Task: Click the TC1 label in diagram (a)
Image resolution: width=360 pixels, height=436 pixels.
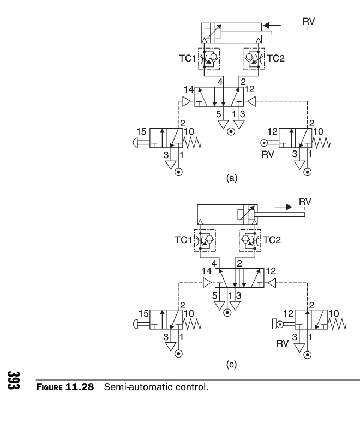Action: click(x=187, y=58)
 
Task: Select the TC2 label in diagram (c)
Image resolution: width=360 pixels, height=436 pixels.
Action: click(x=272, y=240)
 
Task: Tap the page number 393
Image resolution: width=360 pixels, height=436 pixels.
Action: click(x=13, y=380)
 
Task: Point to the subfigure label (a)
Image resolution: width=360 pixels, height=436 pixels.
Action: click(x=232, y=178)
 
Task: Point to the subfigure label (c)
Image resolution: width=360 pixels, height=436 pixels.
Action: click(x=231, y=364)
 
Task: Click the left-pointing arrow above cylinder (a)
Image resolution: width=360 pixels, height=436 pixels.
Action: click(x=272, y=26)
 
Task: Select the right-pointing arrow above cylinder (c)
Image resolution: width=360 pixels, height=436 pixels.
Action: click(x=283, y=207)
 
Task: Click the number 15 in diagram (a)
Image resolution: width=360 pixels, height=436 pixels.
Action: click(x=141, y=131)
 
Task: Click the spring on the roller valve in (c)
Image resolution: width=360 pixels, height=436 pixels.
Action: click(x=337, y=324)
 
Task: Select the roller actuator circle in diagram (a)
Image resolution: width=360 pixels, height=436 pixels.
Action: click(x=263, y=143)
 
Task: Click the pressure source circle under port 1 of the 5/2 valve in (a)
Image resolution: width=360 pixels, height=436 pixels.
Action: click(x=231, y=131)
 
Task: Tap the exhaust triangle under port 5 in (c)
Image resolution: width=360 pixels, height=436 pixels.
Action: click(x=219, y=306)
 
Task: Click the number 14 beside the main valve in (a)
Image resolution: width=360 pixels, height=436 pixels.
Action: click(x=189, y=89)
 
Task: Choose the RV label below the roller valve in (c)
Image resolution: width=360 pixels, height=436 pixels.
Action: click(x=283, y=344)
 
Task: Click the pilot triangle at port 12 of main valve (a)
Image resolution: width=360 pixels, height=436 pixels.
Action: click(x=251, y=101)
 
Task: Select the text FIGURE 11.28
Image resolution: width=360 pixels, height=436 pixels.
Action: click(x=65, y=387)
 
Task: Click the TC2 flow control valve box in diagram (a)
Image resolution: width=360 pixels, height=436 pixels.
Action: click(x=254, y=59)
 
